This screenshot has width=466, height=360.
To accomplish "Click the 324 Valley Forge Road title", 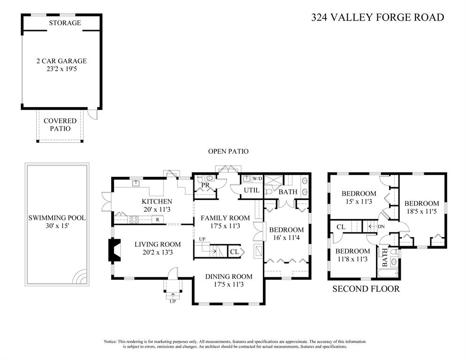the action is [377, 17].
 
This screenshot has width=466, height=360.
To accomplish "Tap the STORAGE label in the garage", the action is [65, 23].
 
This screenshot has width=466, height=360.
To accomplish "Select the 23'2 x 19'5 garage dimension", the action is [61, 69].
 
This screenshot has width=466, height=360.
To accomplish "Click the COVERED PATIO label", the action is [60, 124].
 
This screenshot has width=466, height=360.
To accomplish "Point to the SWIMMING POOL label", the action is [57, 218].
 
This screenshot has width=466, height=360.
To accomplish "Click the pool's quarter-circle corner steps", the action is [81, 276].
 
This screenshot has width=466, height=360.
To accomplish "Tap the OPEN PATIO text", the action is [228, 151].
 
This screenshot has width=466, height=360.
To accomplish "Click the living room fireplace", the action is [115, 250].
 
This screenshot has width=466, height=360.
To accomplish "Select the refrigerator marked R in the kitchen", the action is [158, 220].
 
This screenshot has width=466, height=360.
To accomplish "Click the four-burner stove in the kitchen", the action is [134, 219].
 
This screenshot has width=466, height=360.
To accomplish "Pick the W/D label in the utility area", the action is [257, 179].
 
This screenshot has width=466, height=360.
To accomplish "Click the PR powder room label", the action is [206, 185].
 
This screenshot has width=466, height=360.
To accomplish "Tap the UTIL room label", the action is [252, 190].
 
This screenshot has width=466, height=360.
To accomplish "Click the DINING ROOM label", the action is [229, 277].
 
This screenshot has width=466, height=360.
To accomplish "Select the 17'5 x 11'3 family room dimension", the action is [225, 226].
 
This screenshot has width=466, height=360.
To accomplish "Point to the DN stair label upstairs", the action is [382, 227].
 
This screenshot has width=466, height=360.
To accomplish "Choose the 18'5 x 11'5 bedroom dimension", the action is [422, 212].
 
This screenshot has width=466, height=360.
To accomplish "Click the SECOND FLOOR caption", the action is [366, 289].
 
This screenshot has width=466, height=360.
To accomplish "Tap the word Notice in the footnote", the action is [110, 342].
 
